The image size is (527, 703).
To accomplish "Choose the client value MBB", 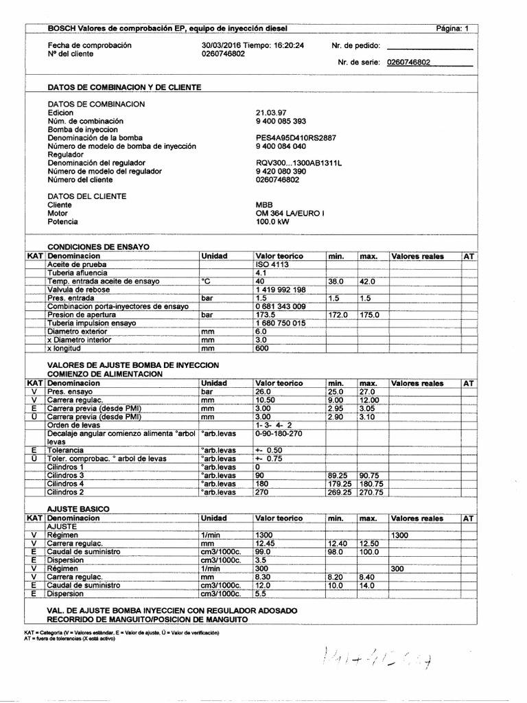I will point(263,205).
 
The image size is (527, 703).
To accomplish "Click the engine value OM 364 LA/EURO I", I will point(289,214).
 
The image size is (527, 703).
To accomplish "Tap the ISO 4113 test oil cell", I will point(270,264).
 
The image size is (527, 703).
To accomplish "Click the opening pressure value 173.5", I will point(266,314).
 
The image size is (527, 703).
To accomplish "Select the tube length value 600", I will point(261,348).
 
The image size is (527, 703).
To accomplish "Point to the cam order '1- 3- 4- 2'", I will point(273,425).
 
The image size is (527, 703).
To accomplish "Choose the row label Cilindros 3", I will point(65,475).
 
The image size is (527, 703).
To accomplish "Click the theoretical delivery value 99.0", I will point(264,551).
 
